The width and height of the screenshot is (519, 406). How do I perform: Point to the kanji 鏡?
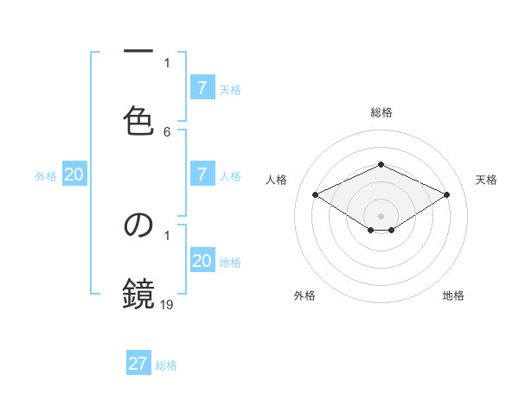click(x=138, y=294)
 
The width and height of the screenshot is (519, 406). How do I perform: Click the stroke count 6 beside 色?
click(x=167, y=132)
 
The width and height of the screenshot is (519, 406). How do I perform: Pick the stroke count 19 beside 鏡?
click(x=168, y=303)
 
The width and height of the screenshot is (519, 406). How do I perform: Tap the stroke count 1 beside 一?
click(x=167, y=62)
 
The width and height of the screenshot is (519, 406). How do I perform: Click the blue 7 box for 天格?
click(x=202, y=88)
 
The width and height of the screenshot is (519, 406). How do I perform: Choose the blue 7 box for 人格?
click(x=202, y=174)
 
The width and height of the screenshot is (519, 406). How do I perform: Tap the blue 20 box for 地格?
click(x=202, y=261)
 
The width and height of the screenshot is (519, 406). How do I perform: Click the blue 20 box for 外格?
click(x=74, y=174)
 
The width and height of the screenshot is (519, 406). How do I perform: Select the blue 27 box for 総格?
click(x=138, y=364)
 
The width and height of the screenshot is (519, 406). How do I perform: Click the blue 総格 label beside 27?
click(x=166, y=365)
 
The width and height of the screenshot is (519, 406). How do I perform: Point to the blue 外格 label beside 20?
click(x=46, y=176)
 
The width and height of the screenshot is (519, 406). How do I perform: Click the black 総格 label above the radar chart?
click(x=381, y=112)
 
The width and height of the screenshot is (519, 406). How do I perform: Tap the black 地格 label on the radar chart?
click(x=453, y=295)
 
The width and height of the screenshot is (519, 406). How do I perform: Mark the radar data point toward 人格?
click(x=316, y=195)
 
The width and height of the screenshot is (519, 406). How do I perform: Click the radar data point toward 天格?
click(x=446, y=195)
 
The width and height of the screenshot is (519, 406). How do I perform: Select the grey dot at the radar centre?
click(x=381, y=216)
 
